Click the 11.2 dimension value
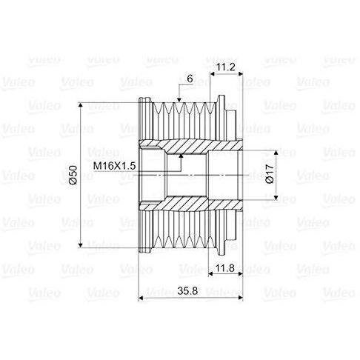226,67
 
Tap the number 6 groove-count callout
190,79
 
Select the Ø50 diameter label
73,175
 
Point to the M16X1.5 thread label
114,166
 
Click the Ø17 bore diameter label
270,174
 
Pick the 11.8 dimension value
224,268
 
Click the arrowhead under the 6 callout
179,99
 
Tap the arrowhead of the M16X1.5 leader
181,156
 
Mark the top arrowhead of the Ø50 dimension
81,105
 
